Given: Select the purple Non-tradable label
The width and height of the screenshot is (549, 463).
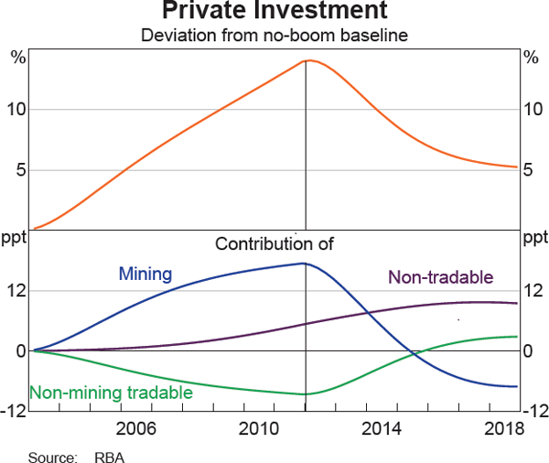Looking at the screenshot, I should coord(441,278).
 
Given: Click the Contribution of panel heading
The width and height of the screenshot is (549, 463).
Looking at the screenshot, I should coord(275,244).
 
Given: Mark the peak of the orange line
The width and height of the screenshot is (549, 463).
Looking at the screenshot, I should coord(308,60).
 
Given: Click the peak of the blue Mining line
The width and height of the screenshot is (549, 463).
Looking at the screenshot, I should coord(303,264).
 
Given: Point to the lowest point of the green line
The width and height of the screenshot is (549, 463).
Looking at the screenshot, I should coord(304,394).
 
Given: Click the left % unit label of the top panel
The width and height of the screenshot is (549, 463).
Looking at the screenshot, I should coord(17,59).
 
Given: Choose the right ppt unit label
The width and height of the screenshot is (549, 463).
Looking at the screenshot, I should coord(533,240).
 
